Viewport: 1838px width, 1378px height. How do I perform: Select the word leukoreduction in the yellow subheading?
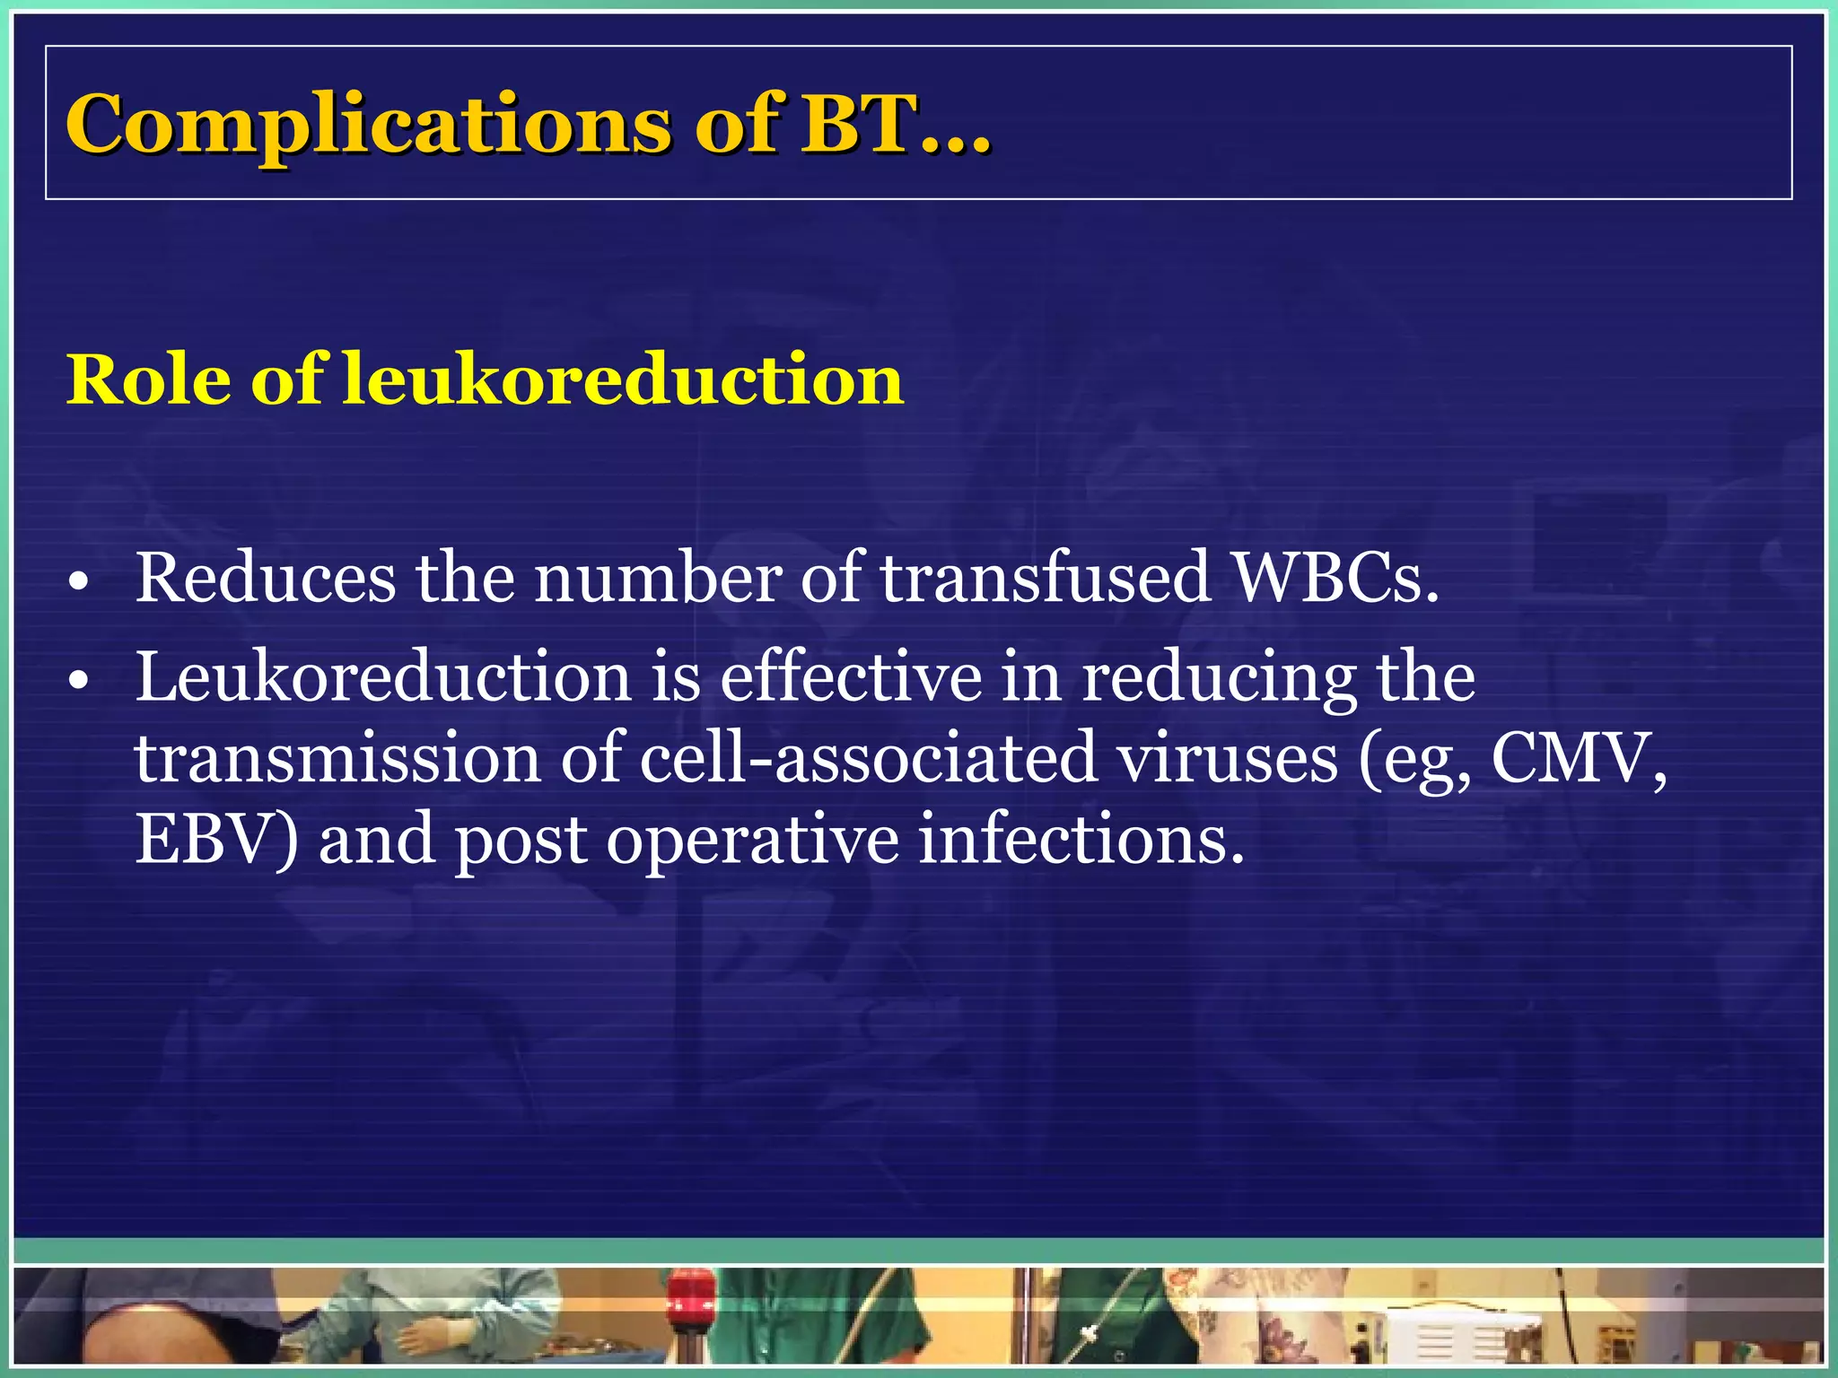coord(623,380)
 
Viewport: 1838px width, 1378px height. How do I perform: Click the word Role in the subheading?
coord(148,380)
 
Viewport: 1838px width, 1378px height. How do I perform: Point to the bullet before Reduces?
coord(79,584)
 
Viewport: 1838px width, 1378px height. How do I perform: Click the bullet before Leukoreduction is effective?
coord(79,683)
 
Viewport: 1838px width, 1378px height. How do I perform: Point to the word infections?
coord(1081,840)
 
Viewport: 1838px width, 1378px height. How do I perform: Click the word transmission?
coord(337,759)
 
